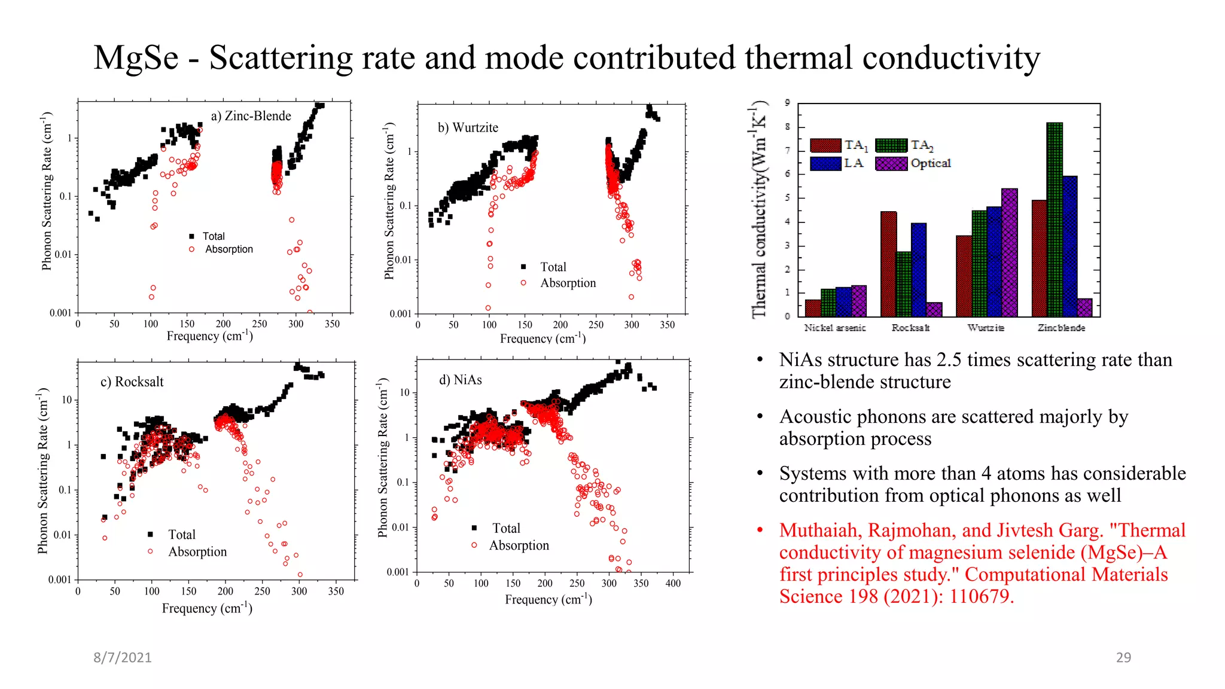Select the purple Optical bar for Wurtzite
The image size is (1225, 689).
click(x=1009, y=252)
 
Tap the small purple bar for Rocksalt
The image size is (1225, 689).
click(x=934, y=309)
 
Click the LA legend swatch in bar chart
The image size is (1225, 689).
click(x=825, y=163)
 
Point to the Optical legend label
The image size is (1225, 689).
click(x=930, y=163)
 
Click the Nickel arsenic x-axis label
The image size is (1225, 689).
click(x=834, y=328)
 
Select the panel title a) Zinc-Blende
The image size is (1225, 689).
click(x=251, y=116)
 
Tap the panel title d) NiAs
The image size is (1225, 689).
click(x=460, y=380)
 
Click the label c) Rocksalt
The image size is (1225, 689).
click(x=132, y=382)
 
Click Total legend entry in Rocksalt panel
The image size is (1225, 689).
click(x=181, y=534)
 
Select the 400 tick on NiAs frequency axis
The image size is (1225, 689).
click(x=673, y=583)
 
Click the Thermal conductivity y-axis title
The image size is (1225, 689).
click(x=758, y=209)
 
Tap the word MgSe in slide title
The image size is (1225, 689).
click(x=136, y=58)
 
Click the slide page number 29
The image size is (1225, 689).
click(x=1123, y=657)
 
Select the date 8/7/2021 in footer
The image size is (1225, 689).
click(x=123, y=657)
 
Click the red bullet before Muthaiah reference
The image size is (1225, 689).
click(x=760, y=530)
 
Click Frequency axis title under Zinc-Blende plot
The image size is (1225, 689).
click(x=209, y=336)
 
